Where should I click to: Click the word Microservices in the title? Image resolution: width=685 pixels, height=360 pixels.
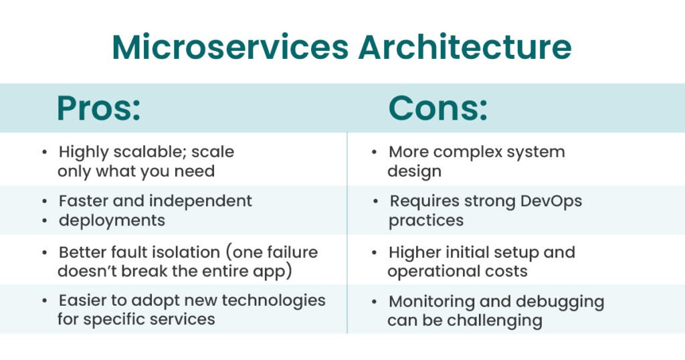point(230,47)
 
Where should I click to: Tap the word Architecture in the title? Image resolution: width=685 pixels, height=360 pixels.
point(465,47)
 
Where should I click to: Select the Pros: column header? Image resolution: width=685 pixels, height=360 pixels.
point(99,108)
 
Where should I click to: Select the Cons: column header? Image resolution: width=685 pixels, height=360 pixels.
point(437,108)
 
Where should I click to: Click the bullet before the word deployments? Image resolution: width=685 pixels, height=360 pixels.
point(45,221)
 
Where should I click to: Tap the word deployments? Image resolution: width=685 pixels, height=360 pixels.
point(112,221)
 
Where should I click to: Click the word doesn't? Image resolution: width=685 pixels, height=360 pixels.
point(87,271)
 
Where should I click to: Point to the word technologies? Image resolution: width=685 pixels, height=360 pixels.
point(274,300)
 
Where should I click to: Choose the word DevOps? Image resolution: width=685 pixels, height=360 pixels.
point(551,201)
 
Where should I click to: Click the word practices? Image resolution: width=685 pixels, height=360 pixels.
point(426,221)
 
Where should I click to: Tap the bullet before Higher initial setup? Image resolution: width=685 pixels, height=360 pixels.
point(375,252)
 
